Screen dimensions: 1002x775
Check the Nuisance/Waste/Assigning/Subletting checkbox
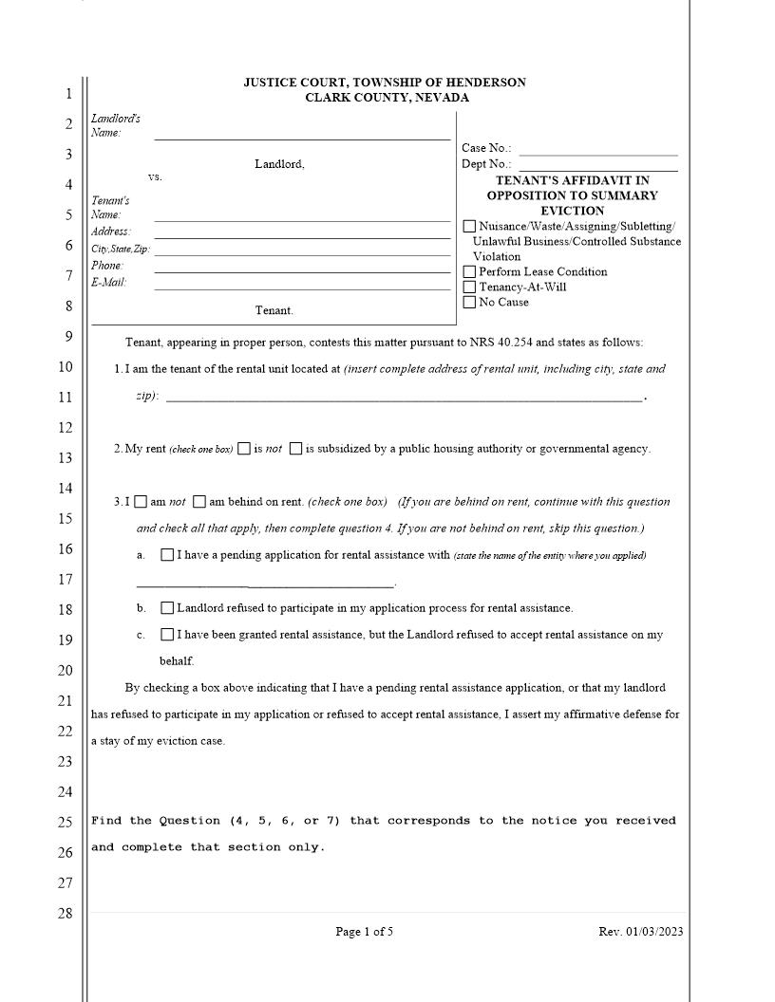[469, 227]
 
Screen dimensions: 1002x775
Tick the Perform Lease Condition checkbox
[469, 272]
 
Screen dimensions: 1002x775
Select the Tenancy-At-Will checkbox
[469, 288]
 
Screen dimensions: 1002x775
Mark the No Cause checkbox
[469, 303]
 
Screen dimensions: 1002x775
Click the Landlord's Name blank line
[302, 138]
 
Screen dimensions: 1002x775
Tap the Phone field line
[302, 270]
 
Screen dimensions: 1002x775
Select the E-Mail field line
[302, 287]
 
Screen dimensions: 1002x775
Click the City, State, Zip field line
[302, 253]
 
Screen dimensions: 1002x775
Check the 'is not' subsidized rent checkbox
[244, 449]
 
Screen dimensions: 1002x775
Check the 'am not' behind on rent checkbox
[141, 502]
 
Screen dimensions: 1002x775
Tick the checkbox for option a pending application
[167, 555]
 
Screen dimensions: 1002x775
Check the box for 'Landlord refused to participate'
[167, 608]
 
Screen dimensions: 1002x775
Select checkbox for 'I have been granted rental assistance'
[167, 635]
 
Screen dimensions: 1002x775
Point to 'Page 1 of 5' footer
[364, 932]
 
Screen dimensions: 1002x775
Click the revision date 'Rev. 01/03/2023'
[640, 932]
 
